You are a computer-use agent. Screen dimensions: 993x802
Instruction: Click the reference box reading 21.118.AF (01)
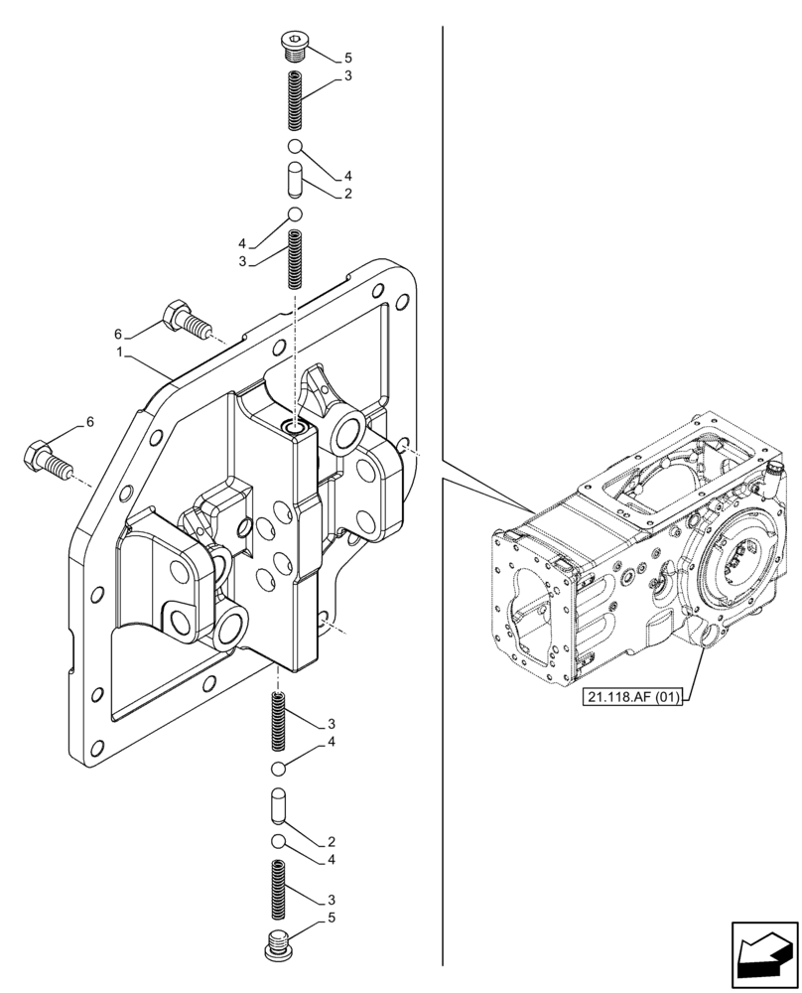[x=632, y=697]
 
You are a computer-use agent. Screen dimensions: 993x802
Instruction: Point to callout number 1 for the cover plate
[x=120, y=352]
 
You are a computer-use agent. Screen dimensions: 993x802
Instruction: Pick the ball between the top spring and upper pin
[x=295, y=149]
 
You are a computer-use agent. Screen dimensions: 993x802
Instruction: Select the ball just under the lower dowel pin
[x=279, y=842]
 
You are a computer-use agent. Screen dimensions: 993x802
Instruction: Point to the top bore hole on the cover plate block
[x=295, y=428]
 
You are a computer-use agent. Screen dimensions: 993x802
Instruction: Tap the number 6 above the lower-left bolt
[x=89, y=422]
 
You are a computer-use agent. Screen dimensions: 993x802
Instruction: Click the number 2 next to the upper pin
[x=347, y=195]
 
